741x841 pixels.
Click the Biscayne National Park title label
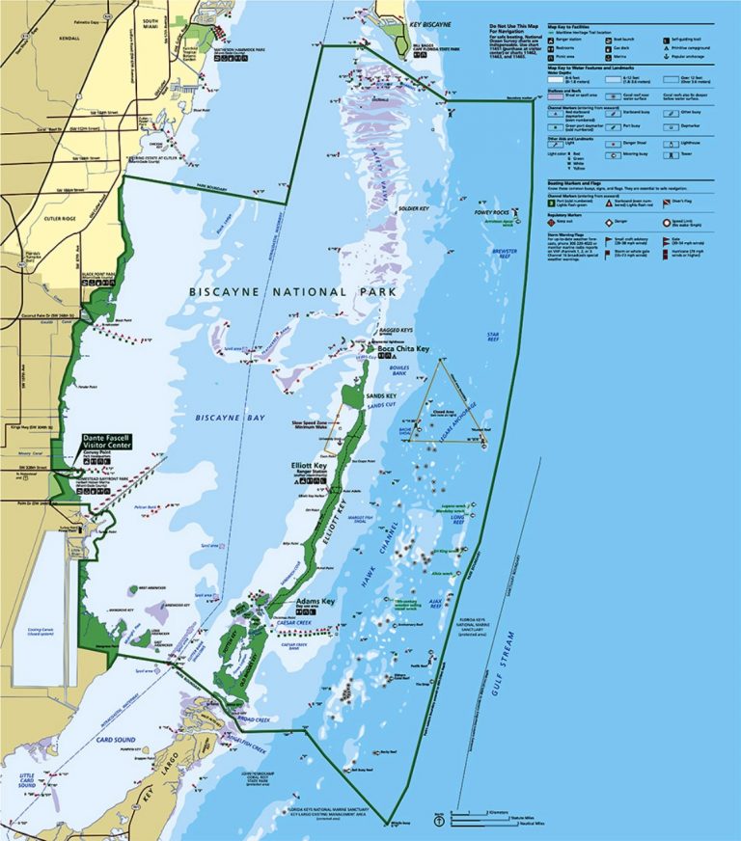click(x=267, y=291)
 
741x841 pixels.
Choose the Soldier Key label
click(x=412, y=209)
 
